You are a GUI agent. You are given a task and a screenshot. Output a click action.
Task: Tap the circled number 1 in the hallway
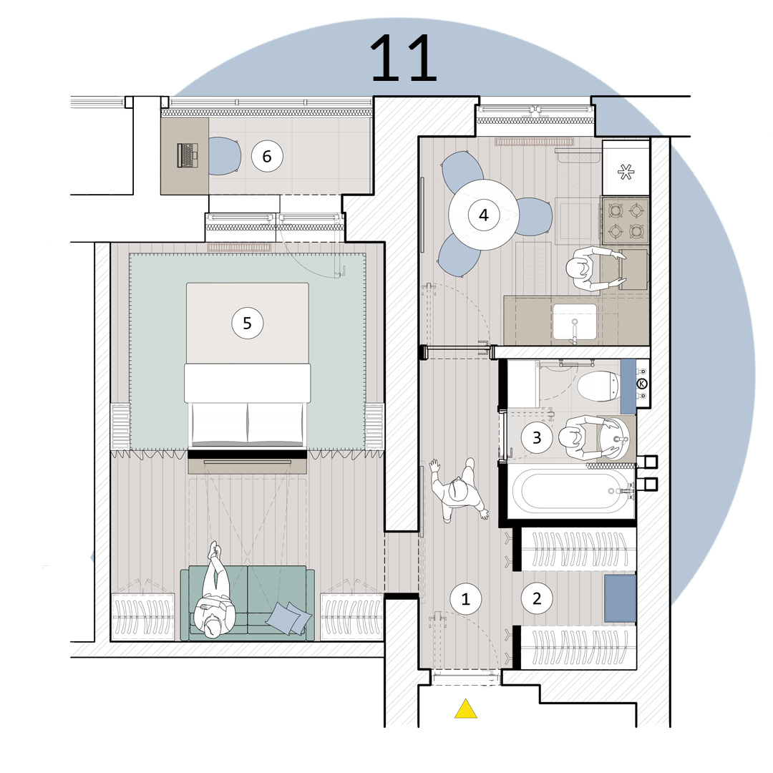465,598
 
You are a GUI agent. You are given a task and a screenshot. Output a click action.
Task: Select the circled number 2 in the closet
537,598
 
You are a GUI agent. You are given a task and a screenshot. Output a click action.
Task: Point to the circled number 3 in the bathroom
537,437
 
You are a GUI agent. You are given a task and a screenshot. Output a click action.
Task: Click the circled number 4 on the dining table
484,215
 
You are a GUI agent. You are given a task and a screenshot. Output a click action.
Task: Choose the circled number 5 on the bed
248,323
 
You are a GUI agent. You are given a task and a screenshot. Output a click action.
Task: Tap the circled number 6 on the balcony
267,156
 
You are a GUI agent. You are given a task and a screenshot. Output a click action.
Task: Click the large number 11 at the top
403,58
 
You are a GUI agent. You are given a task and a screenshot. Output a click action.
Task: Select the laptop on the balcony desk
188,156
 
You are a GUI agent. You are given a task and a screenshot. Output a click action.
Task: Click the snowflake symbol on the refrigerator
626,172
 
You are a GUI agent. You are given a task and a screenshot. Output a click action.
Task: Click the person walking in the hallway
459,490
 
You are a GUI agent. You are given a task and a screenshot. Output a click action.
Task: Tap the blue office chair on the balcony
224,156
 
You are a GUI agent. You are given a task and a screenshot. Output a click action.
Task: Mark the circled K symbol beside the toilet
642,383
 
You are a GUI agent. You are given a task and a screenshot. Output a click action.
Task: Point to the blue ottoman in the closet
620,598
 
